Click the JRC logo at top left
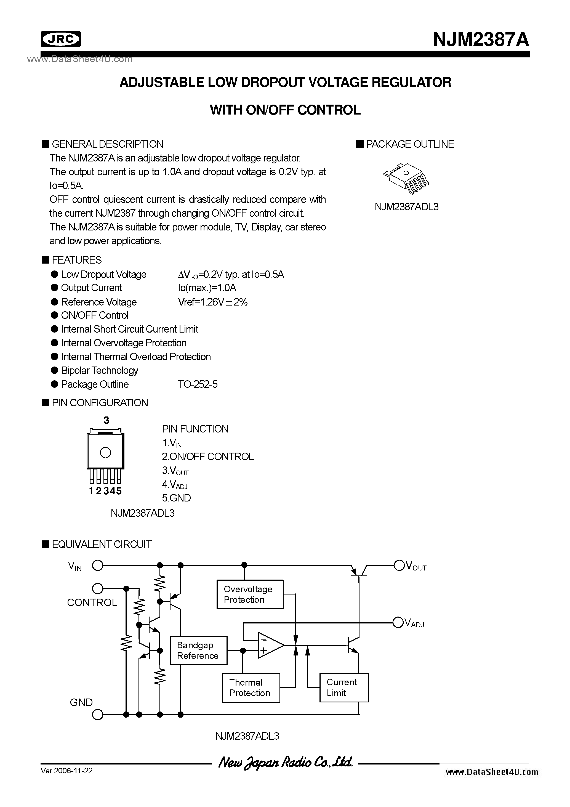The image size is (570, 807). pyautogui.click(x=61, y=39)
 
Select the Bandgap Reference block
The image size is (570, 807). pyautogui.click(x=198, y=650)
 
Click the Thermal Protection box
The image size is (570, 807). pyautogui.click(x=251, y=688)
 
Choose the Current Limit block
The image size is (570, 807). pyautogui.click(x=344, y=687)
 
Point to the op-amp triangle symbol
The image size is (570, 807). pyautogui.click(x=269, y=645)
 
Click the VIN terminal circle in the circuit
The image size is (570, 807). pyautogui.click(x=97, y=566)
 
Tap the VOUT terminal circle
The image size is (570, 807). pyautogui.click(x=399, y=565)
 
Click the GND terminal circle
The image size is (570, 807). pyautogui.click(x=97, y=715)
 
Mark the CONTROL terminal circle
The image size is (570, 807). pyautogui.click(x=97, y=588)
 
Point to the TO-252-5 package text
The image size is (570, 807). pyautogui.click(x=198, y=384)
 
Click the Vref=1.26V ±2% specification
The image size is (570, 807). pyautogui.click(x=213, y=302)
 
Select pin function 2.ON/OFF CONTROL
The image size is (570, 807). pyautogui.click(x=207, y=456)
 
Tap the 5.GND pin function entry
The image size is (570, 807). pyautogui.click(x=176, y=498)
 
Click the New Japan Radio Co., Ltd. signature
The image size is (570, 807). pyautogui.click(x=285, y=762)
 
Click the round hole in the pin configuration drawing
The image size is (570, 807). pyautogui.click(x=105, y=452)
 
